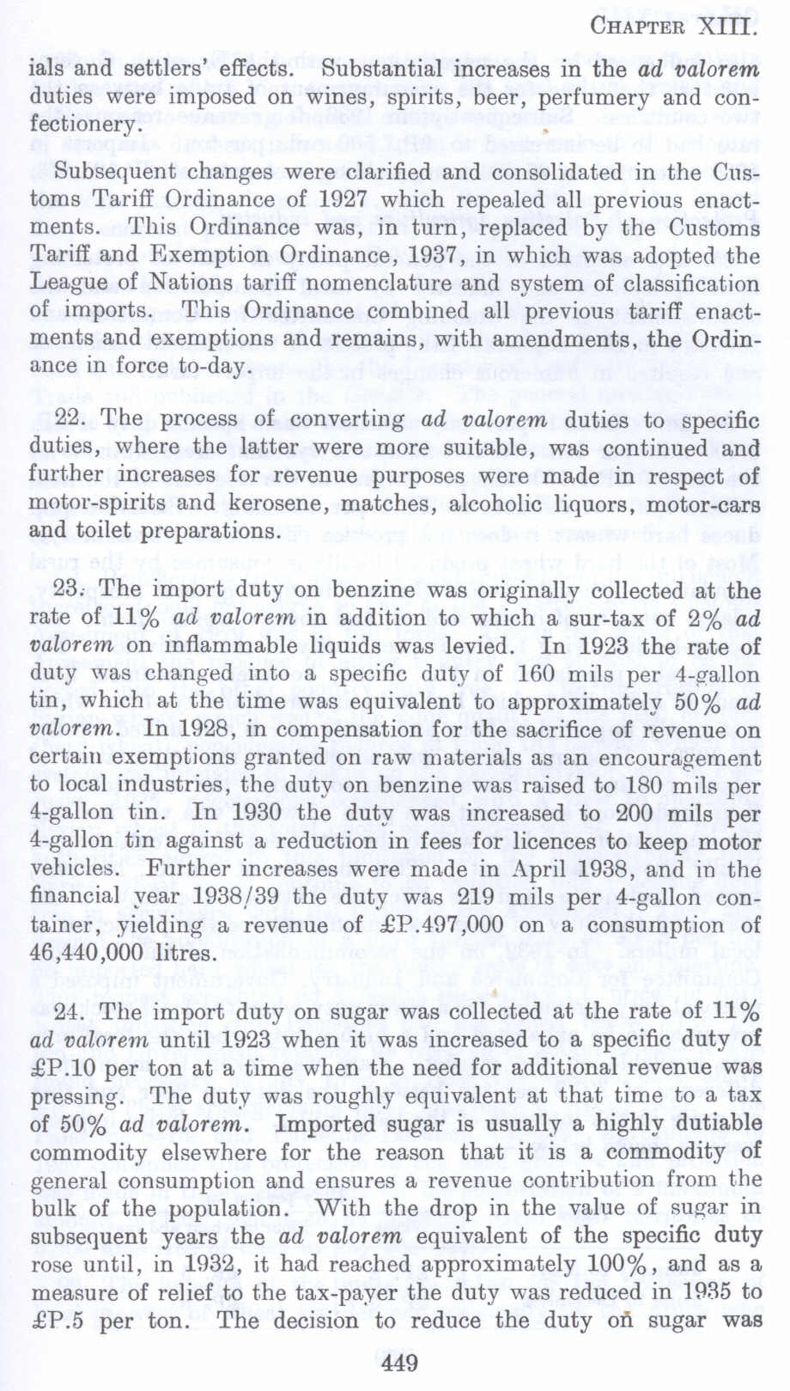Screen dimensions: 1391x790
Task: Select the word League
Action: tap(66, 284)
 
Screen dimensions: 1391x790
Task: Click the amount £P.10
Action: tap(62, 1068)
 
